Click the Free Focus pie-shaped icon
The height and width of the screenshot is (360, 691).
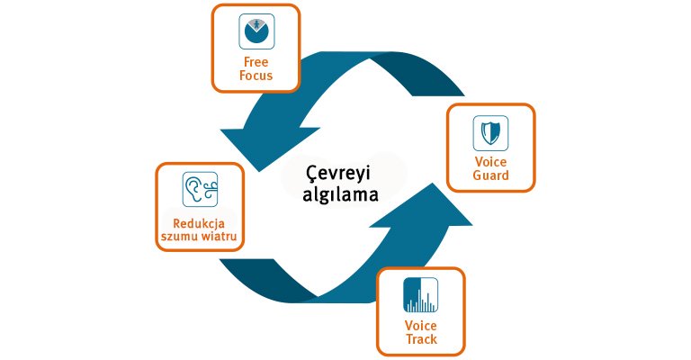click(x=256, y=31)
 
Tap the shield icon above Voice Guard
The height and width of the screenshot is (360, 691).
click(x=490, y=133)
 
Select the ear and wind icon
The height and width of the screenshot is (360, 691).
click(x=200, y=190)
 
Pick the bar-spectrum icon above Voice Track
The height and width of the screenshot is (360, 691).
click(x=421, y=295)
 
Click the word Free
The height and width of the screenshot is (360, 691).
click(x=256, y=62)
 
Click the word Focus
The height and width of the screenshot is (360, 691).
click(x=256, y=76)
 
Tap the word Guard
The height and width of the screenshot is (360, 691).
click(x=490, y=175)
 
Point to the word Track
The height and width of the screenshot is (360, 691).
click(x=421, y=339)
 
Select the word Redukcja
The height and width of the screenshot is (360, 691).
click(x=199, y=223)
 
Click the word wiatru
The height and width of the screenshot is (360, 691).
click(x=219, y=236)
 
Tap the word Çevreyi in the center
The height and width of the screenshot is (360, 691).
click(x=338, y=173)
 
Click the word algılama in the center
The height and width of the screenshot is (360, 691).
click(x=340, y=194)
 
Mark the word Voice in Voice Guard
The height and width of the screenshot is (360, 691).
click(x=490, y=162)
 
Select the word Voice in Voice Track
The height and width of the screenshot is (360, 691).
click(x=421, y=326)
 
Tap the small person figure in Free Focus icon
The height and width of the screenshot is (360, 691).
click(x=256, y=24)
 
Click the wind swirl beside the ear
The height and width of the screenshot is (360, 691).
click(x=211, y=189)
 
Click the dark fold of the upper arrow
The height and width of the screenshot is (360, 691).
click(x=418, y=75)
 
